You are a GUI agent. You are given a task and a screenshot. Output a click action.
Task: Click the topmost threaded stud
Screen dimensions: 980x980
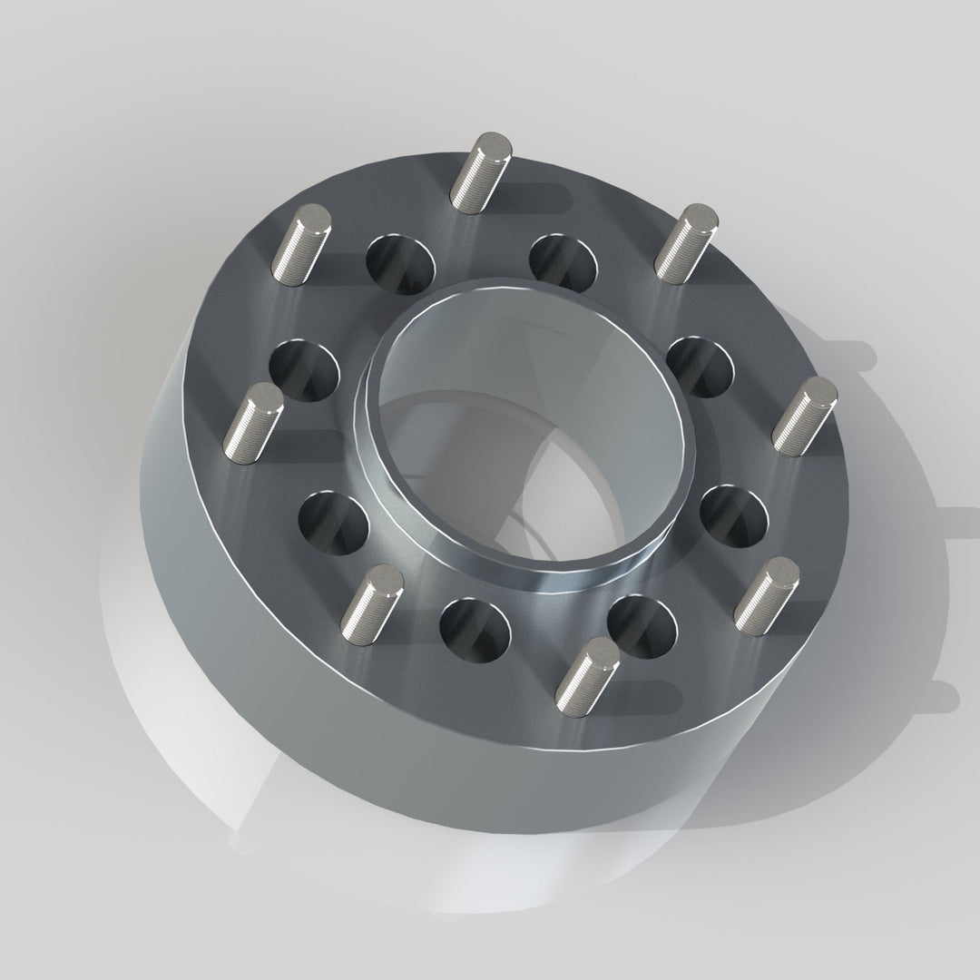(479, 172)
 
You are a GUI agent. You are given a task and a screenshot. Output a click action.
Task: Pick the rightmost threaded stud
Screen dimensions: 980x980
(805, 416)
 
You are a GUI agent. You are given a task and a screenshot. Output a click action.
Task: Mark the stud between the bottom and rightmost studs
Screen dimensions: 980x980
(767, 597)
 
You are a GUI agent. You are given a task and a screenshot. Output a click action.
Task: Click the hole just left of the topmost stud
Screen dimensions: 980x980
(400, 263)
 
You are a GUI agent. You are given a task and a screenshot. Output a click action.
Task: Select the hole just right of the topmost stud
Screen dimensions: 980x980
(563, 263)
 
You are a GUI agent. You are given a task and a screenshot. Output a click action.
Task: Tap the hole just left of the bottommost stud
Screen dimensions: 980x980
(474, 628)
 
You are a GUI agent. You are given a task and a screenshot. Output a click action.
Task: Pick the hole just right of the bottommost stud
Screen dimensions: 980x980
(642, 626)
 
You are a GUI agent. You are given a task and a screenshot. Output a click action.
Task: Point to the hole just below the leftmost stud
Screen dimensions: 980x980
(335, 524)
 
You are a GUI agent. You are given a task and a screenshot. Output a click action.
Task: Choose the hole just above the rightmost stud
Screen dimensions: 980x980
(700, 366)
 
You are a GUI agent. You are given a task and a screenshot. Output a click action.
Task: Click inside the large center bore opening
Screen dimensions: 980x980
(526, 426)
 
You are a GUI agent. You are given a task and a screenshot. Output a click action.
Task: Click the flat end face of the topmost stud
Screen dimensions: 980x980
(494, 143)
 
